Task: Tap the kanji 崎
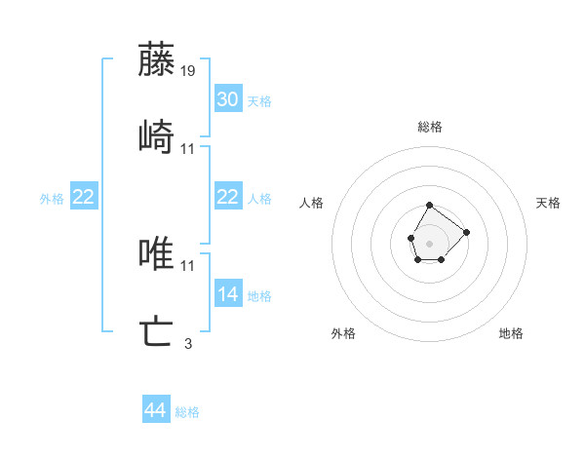pyautogui.click(x=156, y=136)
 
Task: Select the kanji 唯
pyautogui.click(x=156, y=253)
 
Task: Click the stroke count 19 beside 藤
pyautogui.click(x=188, y=71)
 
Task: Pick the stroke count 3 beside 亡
pyautogui.click(x=188, y=343)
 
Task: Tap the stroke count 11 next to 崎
pyautogui.click(x=188, y=149)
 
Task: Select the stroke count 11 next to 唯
pyautogui.click(x=188, y=265)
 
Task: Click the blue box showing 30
pyautogui.click(x=228, y=99)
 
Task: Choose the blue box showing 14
pyautogui.click(x=228, y=294)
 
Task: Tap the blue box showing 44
pyautogui.click(x=156, y=411)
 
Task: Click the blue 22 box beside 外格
pyautogui.click(x=84, y=197)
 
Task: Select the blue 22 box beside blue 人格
pyautogui.click(x=228, y=197)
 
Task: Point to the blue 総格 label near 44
pyautogui.click(x=187, y=412)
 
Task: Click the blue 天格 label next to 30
pyautogui.click(x=259, y=100)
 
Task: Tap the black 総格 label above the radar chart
pyautogui.click(x=430, y=127)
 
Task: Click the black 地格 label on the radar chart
pyautogui.click(x=511, y=333)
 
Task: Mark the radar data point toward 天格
pyautogui.click(x=466, y=232)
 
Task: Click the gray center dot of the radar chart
pyautogui.click(x=430, y=243)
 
